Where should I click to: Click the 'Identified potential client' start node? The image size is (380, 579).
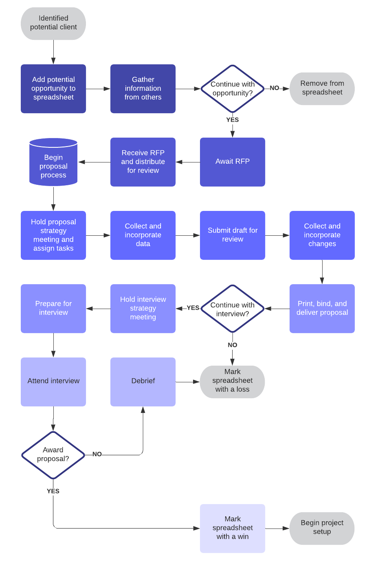tap(53, 23)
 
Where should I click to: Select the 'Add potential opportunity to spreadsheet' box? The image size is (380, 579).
tap(53, 88)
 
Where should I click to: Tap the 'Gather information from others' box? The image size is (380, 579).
tap(143, 88)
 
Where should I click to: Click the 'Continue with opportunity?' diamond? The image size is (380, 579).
tap(233, 88)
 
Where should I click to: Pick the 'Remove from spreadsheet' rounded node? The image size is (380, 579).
tap(322, 88)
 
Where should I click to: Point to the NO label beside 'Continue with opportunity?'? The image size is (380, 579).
tap(275, 88)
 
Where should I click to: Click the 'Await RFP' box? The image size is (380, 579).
tap(233, 162)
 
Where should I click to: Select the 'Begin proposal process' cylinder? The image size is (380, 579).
tap(53, 163)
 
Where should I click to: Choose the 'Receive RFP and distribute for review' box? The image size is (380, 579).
tap(143, 162)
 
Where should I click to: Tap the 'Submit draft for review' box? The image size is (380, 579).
tap(233, 235)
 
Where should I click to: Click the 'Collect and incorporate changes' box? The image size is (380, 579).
tap(322, 235)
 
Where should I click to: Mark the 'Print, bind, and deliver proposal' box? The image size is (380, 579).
tap(322, 308)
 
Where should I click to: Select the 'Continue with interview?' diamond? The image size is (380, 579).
tap(233, 309)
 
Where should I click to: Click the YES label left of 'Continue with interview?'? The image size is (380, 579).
tap(193, 308)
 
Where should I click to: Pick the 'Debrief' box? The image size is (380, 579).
tap(143, 382)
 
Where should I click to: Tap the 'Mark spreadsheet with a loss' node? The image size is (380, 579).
tap(233, 382)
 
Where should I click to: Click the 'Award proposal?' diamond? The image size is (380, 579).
tap(53, 455)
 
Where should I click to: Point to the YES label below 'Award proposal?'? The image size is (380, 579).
tap(53, 491)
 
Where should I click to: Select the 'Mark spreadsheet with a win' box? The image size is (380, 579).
tap(233, 528)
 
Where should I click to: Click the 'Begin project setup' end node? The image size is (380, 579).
tap(322, 528)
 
